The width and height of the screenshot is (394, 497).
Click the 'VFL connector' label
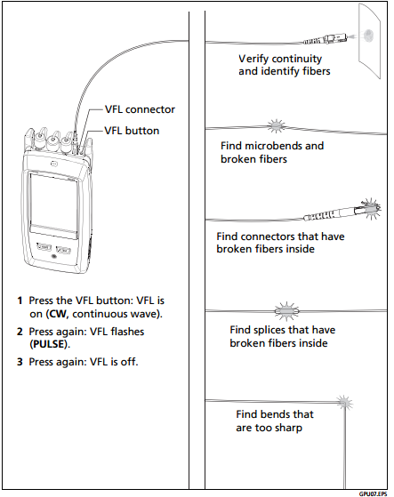[140, 109]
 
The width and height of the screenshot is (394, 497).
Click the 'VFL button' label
[132, 131]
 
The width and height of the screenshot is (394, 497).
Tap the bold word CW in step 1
[58, 314]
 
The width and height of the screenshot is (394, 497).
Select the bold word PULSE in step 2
[49, 344]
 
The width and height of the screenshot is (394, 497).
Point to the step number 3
[20, 362]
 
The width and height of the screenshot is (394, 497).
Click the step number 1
[20, 301]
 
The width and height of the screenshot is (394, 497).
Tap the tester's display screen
[53, 204]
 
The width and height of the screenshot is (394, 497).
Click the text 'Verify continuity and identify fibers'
[285, 65]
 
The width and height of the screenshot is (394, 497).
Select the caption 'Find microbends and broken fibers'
[272, 152]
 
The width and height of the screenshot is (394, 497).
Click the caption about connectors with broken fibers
[280, 243]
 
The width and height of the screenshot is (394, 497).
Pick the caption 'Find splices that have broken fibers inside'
[283, 336]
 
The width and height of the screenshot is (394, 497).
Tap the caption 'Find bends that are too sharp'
[275, 421]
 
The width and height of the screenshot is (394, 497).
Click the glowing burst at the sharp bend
[343, 403]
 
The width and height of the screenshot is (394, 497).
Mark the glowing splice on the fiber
[286, 311]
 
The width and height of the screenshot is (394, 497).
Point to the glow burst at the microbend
[276, 126]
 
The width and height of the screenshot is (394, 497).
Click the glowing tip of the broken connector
[370, 209]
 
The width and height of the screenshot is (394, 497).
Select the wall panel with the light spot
[370, 41]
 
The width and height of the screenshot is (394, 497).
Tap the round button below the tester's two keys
[53, 257]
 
